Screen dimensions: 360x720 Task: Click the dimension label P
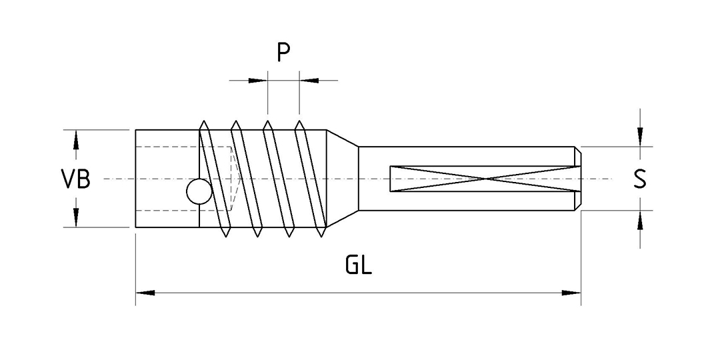283,53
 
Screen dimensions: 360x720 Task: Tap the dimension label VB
75,179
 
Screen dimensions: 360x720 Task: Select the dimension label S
639,179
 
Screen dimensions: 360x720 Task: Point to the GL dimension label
358,266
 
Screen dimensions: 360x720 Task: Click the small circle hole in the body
199,192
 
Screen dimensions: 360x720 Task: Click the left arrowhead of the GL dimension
145,292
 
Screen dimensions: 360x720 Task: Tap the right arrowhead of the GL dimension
571,292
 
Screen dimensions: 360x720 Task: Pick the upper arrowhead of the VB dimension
75,139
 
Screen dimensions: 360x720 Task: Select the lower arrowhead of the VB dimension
75,217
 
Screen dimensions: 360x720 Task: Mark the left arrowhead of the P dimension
258,81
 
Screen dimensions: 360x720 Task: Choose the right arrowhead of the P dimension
308,81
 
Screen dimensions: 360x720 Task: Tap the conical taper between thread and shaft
342,179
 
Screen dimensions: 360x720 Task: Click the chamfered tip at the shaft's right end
578,179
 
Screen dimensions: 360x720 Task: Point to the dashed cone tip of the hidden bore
238,179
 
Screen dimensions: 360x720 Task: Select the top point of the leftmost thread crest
204,123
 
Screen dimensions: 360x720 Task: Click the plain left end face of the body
136,179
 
